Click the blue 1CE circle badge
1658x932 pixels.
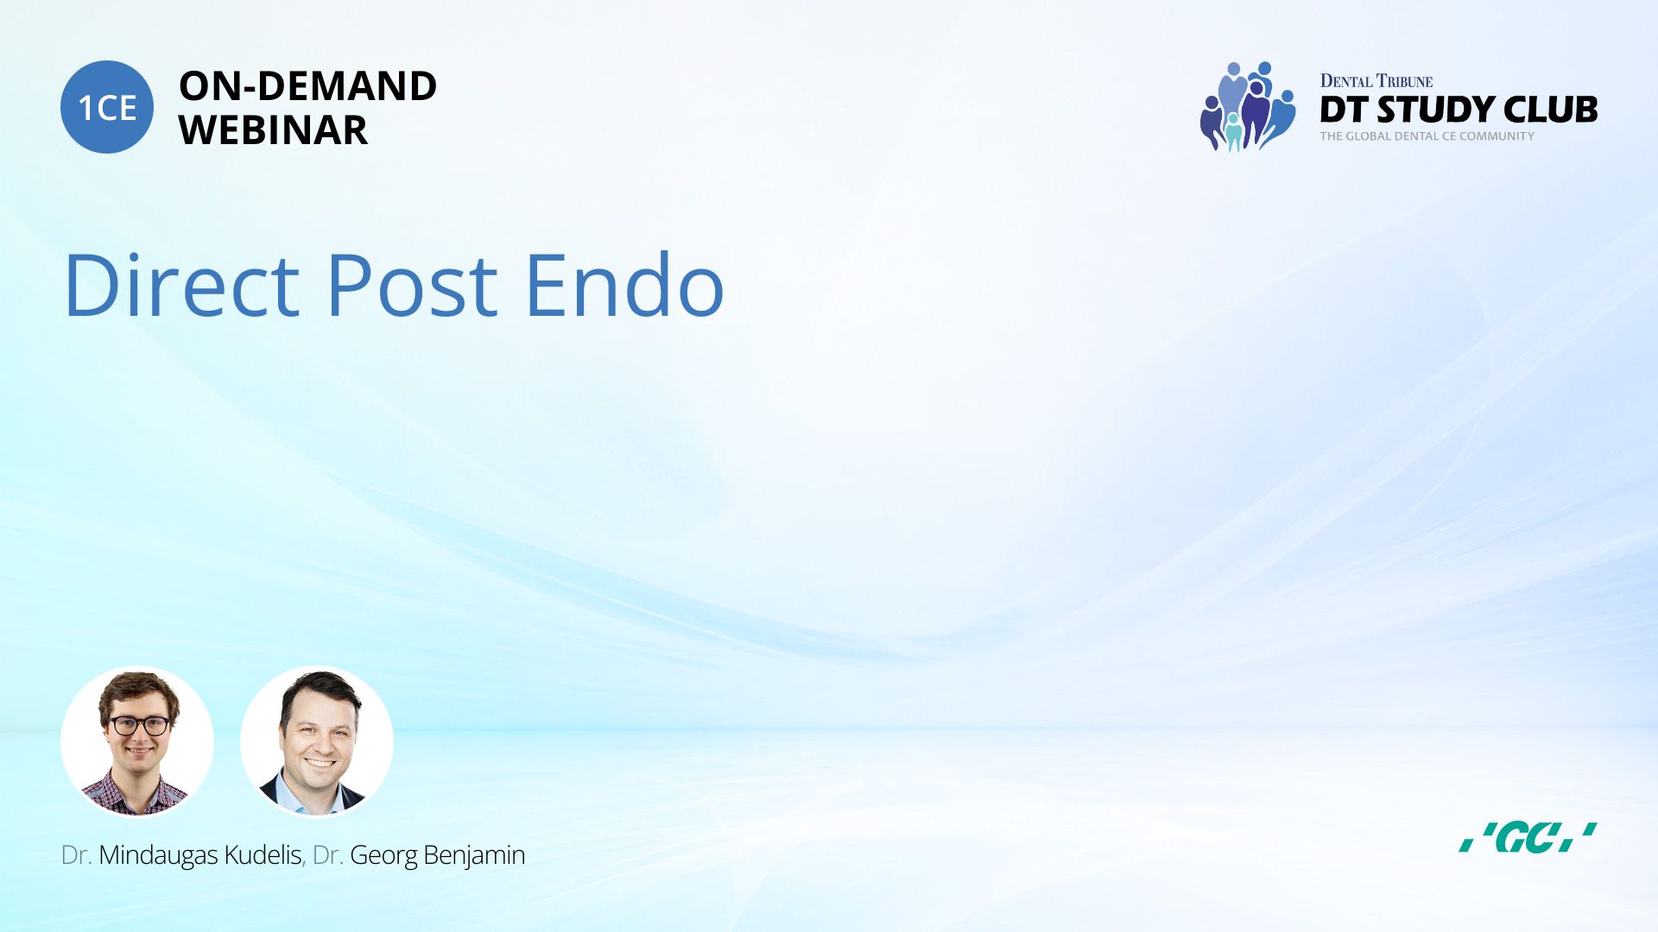[107, 107]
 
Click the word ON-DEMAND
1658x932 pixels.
[307, 86]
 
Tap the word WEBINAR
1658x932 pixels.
[273, 130]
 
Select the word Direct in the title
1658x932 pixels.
[181, 284]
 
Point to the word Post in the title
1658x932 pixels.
[412, 284]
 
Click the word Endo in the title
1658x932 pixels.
[624, 284]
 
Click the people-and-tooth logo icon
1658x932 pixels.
[1248, 106]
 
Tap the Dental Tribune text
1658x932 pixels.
[1376, 81]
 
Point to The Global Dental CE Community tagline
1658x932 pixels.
[1427, 136]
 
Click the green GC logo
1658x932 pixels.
[1528, 837]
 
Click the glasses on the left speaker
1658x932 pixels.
[139, 726]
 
